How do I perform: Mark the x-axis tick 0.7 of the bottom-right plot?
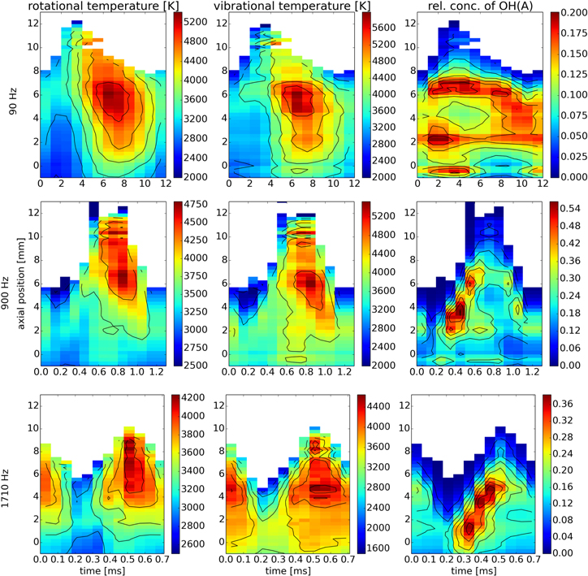pos(534,561)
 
